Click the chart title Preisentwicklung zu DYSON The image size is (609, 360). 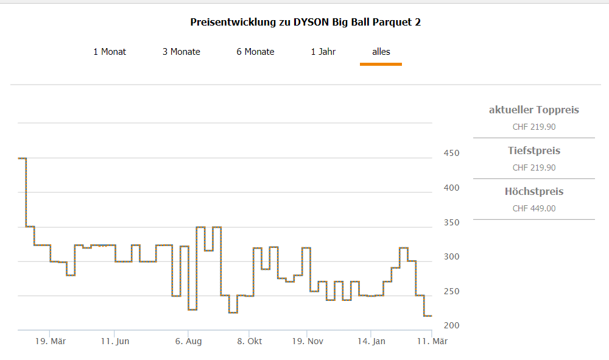click(305, 23)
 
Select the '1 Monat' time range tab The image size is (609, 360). click(110, 52)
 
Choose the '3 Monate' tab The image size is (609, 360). click(181, 52)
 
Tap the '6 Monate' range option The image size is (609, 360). click(256, 52)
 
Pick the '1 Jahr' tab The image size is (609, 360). click(323, 52)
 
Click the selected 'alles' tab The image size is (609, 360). click(381, 52)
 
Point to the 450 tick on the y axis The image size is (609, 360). click(451, 153)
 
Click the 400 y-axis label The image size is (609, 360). click(451, 188)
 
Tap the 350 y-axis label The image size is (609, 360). click(451, 222)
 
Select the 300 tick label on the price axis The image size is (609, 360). click(451, 257)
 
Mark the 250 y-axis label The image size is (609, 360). click(451, 292)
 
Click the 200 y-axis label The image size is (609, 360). click(451, 326)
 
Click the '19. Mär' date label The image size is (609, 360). click(51, 341)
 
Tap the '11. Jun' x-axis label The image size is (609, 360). click(115, 341)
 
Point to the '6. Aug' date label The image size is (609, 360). click(188, 341)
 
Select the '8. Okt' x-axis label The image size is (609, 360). click(250, 341)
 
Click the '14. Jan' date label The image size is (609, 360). click(371, 341)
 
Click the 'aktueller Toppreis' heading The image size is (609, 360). click(534, 110)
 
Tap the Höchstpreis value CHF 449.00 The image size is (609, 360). click(534, 208)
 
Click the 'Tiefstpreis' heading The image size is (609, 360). click(534, 151)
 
